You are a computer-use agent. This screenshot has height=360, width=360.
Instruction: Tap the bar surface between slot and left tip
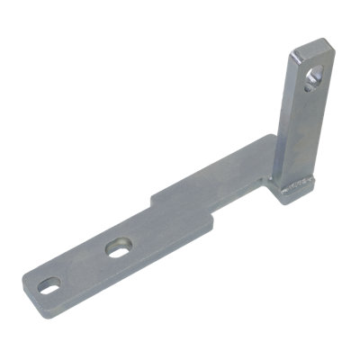(x=33, y=286)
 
